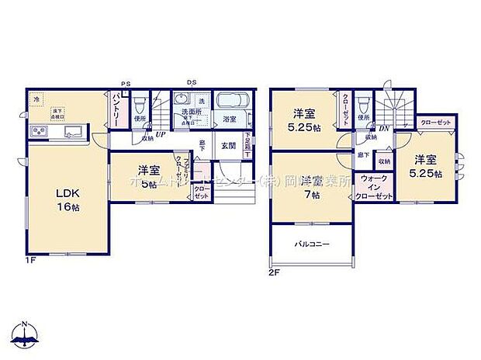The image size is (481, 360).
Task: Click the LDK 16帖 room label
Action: [66, 200]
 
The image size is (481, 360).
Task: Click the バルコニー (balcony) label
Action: [311, 244]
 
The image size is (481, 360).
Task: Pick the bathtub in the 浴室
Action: [230, 102]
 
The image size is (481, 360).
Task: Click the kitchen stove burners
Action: [38, 131]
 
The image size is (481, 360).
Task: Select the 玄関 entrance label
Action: [228, 145]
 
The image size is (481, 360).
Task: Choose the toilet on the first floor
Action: [140, 104]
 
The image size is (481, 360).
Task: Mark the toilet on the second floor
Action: [362, 104]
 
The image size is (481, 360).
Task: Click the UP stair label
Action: [161, 134]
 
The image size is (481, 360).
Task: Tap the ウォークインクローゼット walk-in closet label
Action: [371, 187]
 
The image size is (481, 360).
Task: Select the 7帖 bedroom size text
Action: [311, 194]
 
